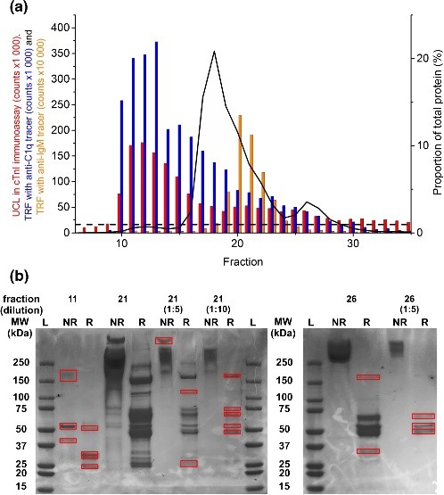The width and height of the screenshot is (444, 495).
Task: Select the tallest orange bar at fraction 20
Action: click(x=240, y=161)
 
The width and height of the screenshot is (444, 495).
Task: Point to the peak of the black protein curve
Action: click(x=214, y=52)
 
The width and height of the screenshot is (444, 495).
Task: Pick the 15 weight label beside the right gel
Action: click(x=284, y=487)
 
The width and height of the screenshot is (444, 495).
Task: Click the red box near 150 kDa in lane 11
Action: click(x=69, y=375)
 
